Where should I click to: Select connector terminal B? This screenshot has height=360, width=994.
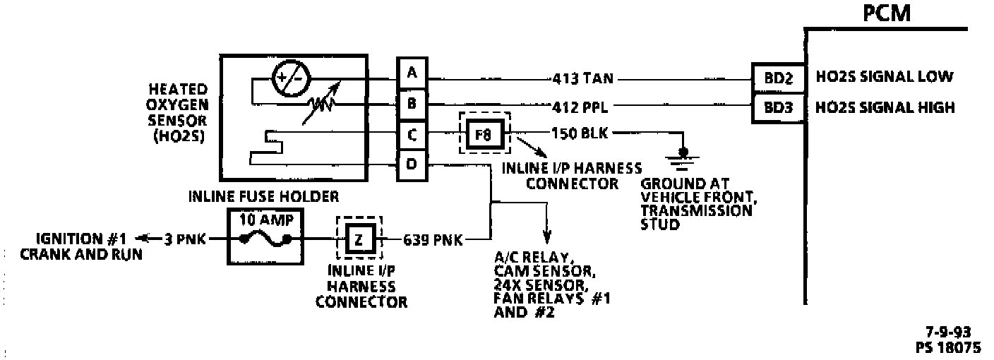click(412, 104)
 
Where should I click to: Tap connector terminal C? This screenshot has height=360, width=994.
click(412, 134)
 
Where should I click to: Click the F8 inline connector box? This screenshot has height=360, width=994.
click(484, 133)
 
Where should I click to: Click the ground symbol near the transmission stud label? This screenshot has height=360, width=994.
click(683, 156)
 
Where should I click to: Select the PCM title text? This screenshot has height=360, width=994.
click(887, 13)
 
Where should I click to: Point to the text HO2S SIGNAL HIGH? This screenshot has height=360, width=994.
click(885, 108)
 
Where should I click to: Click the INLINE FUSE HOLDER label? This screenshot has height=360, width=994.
click(263, 195)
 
